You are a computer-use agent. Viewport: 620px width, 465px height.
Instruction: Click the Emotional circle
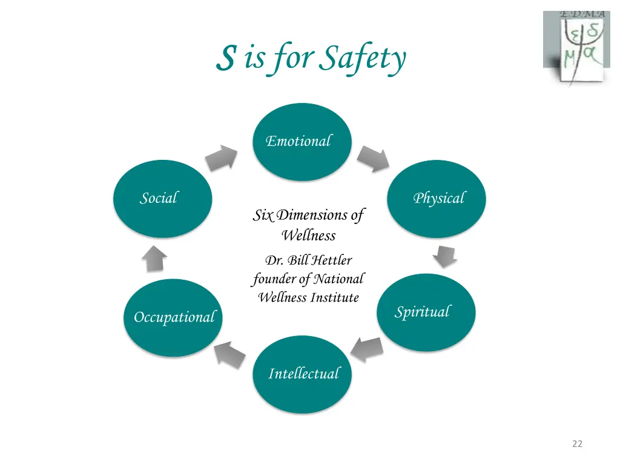click(x=302, y=142)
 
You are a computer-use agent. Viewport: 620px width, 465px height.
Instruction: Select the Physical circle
click(x=437, y=199)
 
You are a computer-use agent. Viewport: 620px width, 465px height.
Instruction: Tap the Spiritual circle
click(x=426, y=312)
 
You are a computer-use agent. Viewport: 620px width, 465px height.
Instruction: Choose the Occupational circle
click(x=173, y=317)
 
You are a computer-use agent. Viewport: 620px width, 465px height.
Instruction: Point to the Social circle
click(x=163, y=199)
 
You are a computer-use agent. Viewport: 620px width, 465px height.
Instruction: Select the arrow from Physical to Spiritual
click(x=445, y=256)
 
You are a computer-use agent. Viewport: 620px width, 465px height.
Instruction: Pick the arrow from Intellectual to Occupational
click(x=231, y=354)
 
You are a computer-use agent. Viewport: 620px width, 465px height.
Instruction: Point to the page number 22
click(x=577, y=444)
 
